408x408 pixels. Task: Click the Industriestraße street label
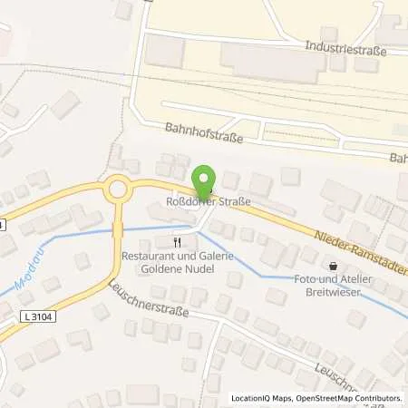click(x=345, y=51)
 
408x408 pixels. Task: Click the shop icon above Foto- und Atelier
click(x=335, y=267)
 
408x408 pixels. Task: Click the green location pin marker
click(x=207, y=180)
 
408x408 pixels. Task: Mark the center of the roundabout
click(x=117, y=189)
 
